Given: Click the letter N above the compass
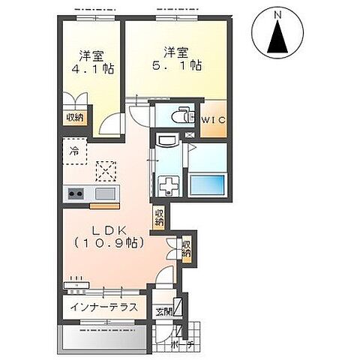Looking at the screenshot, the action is (x=277, y=16).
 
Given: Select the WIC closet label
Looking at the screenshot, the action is (x=214, y=120).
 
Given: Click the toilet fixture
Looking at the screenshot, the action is (x=183, y=115).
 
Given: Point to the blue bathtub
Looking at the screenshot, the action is (x=207, y=185).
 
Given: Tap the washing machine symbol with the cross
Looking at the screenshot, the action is (x=168, y=186).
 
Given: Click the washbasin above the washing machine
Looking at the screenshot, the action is (x=167, y=139).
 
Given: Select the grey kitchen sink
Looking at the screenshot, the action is (x=105, y=193).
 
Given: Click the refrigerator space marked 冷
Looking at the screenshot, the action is (x=75, y=151).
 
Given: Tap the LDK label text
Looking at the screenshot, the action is (x=109, y=231).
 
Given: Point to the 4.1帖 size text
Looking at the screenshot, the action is (x=93, y=68).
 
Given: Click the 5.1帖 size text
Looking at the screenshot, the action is (x=177, y=65).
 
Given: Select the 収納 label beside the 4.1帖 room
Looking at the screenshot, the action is (x=74, y=117).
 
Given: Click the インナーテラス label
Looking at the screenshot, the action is (x=104, y=307).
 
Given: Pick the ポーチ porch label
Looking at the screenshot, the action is (x=182, y=345).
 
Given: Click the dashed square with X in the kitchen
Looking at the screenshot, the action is (x=106, y=171).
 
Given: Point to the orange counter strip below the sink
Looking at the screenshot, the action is (x=105, y=206).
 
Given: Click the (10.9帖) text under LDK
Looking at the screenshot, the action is (x=109, y=242).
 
